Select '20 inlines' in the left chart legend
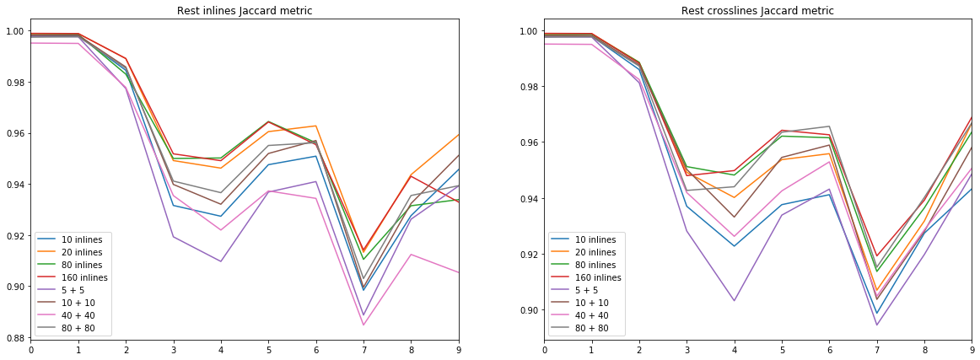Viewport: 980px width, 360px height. [x=82, y=253]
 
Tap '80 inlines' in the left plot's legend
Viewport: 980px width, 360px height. [x=82, y=266]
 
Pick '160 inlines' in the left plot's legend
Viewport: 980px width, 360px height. [x=84, y=278]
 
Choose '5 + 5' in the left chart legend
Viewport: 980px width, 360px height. [x=73, y=291]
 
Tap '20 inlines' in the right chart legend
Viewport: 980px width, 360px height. [x=595, y=253]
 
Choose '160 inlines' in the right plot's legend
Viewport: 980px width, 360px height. [x=598, y=278]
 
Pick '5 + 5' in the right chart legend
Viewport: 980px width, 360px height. [x=587, y=291]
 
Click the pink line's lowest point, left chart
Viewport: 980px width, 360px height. [x=363, y=325]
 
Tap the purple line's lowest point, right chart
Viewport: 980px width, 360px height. [x=877, y=325]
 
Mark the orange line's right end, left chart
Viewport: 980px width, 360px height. [x=458, y=134]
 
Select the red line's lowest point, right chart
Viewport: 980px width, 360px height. [x=877, y=256]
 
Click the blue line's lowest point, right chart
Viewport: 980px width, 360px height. [x=877, y=314]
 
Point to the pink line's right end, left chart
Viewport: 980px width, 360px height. [x=458, y=272]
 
